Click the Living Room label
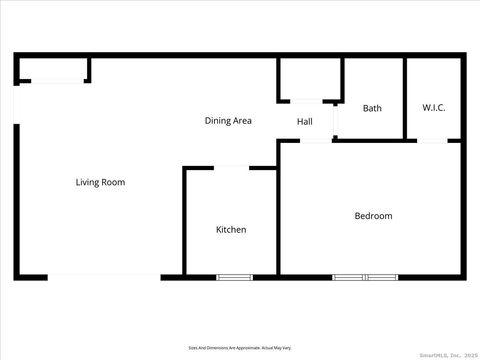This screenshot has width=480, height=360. click(x=100, y=182)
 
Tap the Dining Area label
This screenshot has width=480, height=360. click(x=228, y=121)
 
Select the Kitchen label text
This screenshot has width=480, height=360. click(x=231, y=230)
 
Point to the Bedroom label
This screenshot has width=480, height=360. click(x=373, y=216)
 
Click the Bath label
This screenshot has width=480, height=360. click(x=372, y=108)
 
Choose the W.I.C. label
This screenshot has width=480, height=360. click(x=434, y=108)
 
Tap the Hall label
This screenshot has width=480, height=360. click(x=305, y=122)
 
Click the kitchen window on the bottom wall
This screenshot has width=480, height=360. click(x=234, y=276)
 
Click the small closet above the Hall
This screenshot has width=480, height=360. click(x=310, y=80)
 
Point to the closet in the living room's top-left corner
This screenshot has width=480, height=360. click(x=52, y=69)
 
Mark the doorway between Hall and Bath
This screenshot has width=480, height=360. click(x=336, y=120)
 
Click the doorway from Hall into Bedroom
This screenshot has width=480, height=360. click(x=316, y=141)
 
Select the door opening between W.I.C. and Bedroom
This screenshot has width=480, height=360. click(x=432, y=141)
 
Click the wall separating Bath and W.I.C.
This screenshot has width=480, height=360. click(x=405, y=98)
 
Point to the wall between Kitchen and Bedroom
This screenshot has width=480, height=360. click(x=279, y=220)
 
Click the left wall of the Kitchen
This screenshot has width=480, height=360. click(x=184, y=220)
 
